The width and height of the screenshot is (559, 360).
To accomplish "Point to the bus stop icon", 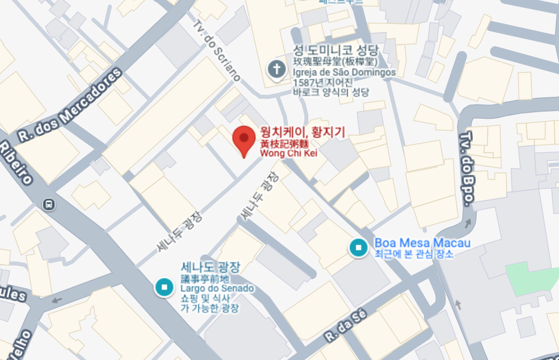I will coord(48,204).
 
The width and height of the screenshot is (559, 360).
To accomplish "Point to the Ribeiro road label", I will coord(16,163).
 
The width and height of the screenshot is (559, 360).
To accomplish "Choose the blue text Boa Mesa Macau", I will coord(422,243).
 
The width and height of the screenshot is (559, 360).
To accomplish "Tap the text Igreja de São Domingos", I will coord(344,72).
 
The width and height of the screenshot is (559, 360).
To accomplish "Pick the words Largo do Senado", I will coord(217,288).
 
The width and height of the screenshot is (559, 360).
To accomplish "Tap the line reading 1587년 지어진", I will coord(323,82).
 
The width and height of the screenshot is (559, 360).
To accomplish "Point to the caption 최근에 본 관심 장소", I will coord(414,254).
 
